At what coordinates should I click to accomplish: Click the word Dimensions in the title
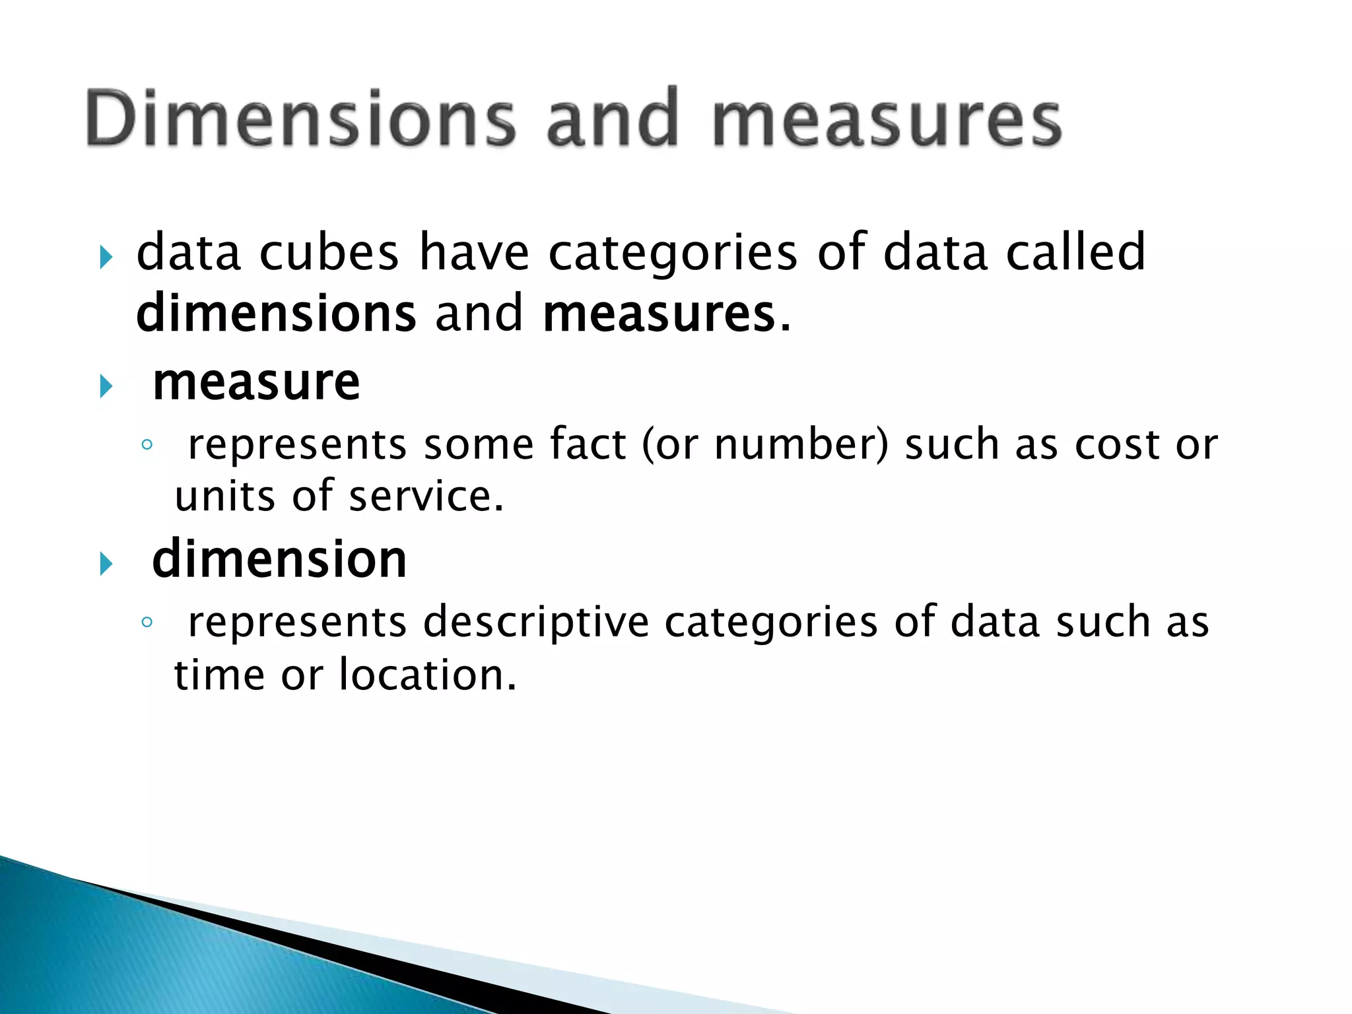click(x=300, y=119)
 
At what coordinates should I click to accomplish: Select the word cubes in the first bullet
click(x=329, y=252)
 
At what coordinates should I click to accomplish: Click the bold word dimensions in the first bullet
click(x=276, y=313)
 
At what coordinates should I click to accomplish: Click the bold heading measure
click(x=256, y=383)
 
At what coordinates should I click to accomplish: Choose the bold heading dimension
click(x=279, y=559)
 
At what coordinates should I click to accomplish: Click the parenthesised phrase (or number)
click(x=766, y=444)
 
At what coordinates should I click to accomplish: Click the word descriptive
click(x=536, y=623)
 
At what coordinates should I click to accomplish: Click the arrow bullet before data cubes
click(x=106, y=257)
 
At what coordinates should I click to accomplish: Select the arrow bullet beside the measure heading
click(x=106, y=386)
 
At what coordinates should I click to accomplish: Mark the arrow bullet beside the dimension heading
click(x=106, y=564)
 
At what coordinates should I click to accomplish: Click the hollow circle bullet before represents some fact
click(x=147, y=445)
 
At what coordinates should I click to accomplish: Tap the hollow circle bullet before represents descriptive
click(x=147, y=622)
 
